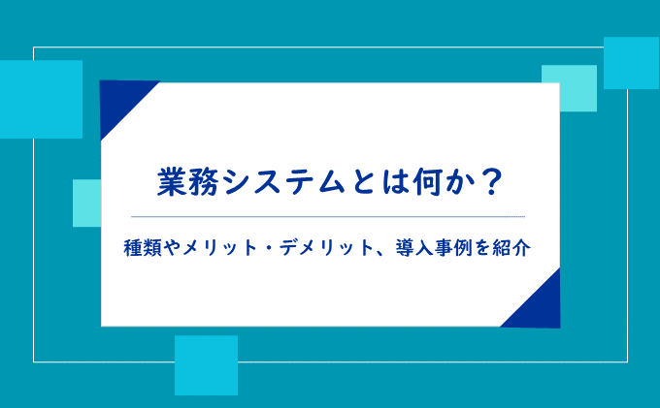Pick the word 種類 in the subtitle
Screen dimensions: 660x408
point(143,248)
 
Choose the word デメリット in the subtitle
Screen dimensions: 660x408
point(327,248)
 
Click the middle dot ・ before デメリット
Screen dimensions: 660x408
point(269,248)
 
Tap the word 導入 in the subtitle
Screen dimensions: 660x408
point(414,248)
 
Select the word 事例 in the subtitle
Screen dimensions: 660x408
point(454,248)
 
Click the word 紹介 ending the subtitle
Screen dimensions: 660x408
point(511,248)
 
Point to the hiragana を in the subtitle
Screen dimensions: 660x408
point(482,248)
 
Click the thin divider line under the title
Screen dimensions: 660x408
point(328,217)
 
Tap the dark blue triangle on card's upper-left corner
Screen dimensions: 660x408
point(120,101)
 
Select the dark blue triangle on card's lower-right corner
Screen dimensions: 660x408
point(540,307)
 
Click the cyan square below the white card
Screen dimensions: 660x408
point(206,365)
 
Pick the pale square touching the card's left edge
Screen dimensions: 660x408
point(86,204)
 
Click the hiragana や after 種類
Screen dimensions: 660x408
point(172,248)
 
